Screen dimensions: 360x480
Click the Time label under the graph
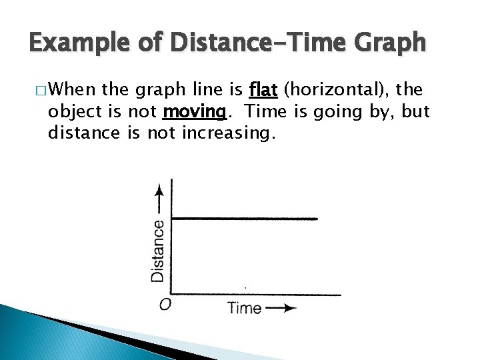click(x=244, y=307)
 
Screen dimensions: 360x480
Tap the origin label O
click(x=165, y=305)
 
